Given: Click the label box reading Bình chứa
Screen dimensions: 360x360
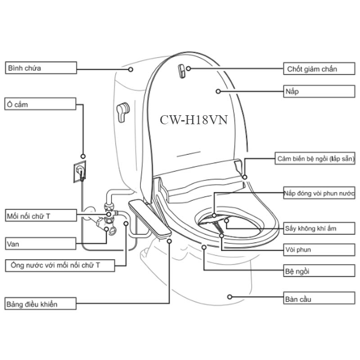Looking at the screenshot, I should click(x=40, y=68).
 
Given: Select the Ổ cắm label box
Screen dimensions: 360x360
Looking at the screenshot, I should click(x=40, y=104).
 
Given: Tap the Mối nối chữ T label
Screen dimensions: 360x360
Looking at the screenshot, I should click(x=40, y=216).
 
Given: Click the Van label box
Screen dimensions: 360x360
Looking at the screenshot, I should click(x=40, y=244).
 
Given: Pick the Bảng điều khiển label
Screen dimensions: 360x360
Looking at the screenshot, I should click(x=40, y=304).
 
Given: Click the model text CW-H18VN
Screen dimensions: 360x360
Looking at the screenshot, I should click(x=193, y=120).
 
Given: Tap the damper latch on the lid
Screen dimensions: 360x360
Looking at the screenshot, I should click(x=180, y=71).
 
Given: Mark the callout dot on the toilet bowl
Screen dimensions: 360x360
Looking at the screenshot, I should click(x=229, y=297).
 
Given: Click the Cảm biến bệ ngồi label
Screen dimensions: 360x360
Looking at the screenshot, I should click(x=315, y=159).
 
